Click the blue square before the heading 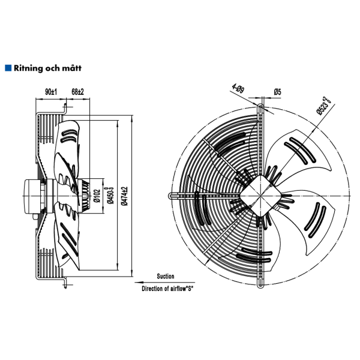pyautogui.click(x=7, y=68)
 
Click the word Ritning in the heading pyautogui.click(x=28, y=68)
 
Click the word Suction pyautogui.click(x=166, y=277)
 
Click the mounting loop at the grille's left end pyautogui.click(x=172, y=195)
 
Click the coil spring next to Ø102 pyautogui.click(x=86, y=195)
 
